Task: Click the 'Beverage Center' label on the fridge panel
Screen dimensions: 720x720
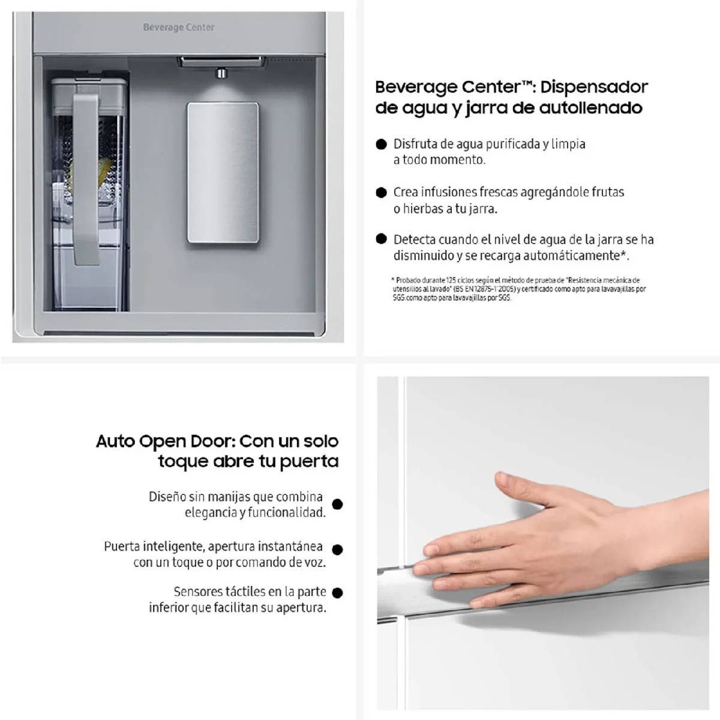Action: (179, 27)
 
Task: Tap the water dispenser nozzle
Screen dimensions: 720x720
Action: (221, 73)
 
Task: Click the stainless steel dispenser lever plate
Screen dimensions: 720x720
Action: (223, 173)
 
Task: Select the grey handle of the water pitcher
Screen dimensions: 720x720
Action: (86, 179)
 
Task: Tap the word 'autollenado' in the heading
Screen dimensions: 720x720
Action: (591, 107)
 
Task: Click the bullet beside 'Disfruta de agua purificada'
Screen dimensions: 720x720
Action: (381, 145)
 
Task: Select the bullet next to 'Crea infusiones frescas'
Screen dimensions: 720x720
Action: (381, 193)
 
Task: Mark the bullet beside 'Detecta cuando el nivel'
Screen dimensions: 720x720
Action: (381, 239)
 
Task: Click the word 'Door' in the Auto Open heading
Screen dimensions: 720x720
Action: (212, 442)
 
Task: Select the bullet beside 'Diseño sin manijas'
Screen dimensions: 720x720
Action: (337, 505)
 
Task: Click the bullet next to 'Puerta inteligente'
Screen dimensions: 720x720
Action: (337, 550)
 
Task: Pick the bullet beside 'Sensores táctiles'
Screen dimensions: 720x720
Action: (337, 593)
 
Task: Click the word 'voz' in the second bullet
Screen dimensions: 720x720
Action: (314, 563)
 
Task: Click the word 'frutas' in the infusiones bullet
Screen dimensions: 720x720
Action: (608, 192)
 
